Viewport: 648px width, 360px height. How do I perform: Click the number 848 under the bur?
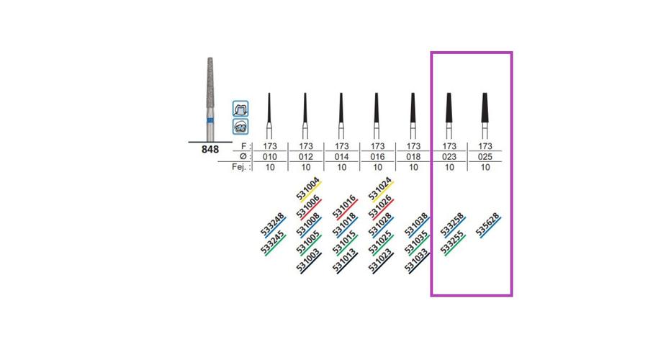coord(210,150)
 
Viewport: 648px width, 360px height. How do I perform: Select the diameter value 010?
coord(269,156)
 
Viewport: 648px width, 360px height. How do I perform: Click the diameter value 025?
coord(485,156)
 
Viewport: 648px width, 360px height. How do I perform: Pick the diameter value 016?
coord(377,156)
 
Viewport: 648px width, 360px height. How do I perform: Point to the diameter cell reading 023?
coord(449,156)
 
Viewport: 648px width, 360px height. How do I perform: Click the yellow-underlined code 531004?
coord(307,191)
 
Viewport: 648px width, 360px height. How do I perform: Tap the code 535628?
coord(489,226)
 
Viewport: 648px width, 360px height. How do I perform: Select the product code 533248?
coord(272,226)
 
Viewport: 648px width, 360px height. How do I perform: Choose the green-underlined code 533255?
coord(453,243)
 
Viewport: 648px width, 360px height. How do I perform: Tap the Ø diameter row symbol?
coord(243,156)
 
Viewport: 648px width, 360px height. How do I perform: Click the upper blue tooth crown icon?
coord(241,109)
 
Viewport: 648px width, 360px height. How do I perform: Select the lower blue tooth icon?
coord(241,126)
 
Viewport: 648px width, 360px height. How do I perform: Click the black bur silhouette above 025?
coord(485,108)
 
